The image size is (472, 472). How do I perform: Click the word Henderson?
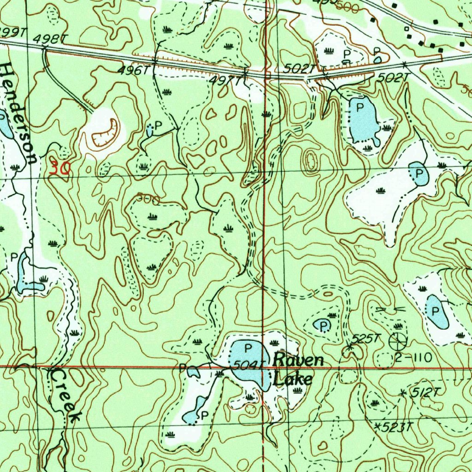18,113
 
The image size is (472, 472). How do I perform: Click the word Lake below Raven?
292,379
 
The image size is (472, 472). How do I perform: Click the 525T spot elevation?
364,339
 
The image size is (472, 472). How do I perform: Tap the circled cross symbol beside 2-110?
398,341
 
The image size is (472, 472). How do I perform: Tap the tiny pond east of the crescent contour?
150,130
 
